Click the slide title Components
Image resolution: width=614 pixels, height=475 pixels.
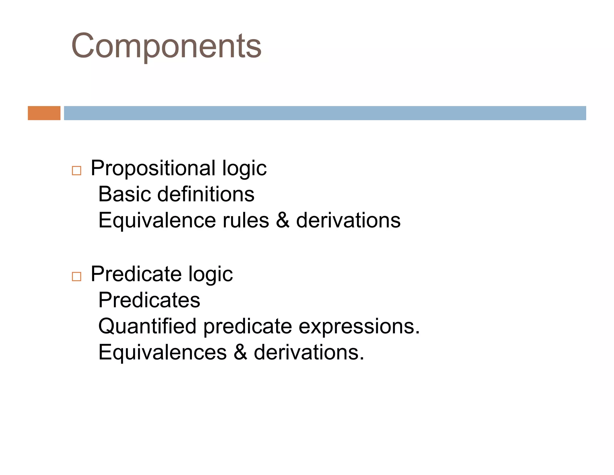click(166, 46)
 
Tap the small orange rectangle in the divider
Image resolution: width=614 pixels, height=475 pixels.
click(44, 113)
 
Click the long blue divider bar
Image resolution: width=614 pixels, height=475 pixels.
click(325, 113)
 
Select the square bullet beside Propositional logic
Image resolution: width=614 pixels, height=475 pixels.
click(76, 171)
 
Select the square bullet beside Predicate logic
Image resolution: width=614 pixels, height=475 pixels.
click(76, 276)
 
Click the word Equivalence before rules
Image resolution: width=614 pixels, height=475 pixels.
click(157, 220)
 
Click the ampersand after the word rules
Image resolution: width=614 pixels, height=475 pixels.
click(283, 220)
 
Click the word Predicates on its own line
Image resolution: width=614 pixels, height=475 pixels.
click(149, 300)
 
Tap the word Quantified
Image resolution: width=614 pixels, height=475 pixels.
click(147, 326)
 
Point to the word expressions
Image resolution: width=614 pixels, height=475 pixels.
click(359, 326)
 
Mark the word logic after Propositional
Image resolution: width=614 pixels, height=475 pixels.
click(244, 169)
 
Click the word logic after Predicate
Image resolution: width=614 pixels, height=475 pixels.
click(210, 274)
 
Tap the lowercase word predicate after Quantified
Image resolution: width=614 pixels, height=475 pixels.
click(248, 327)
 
